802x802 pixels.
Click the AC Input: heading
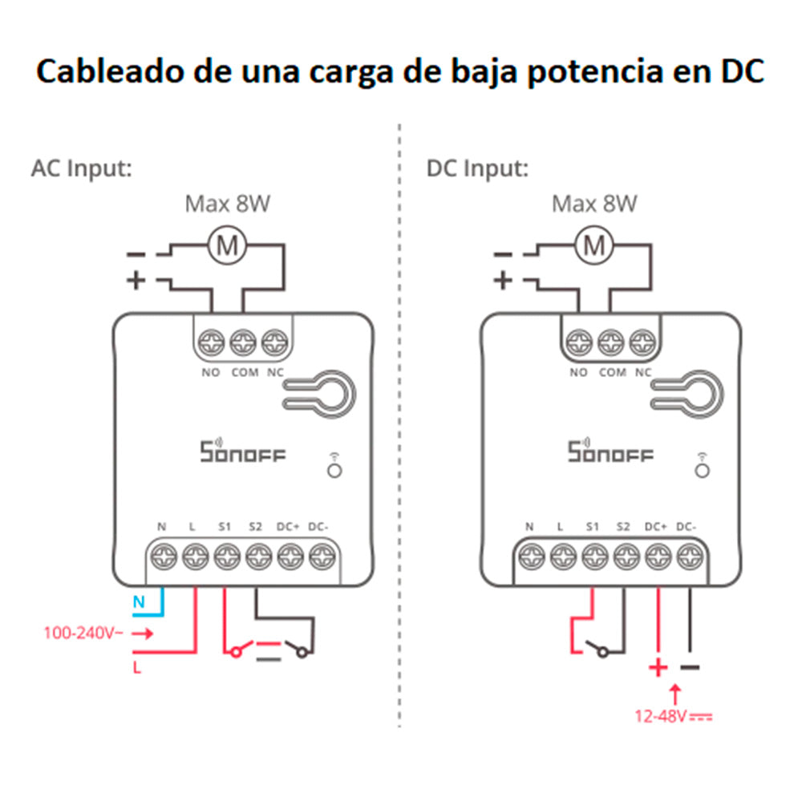[x=81, y=170]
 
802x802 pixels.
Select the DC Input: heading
[x=477, y=170]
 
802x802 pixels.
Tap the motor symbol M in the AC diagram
[x=228, y=246]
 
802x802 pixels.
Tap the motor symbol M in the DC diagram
[x=594, y=246]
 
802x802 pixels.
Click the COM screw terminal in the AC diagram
[x=242, y=343]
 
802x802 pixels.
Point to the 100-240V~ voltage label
[x=81, y=633]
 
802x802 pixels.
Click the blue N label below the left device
[x=137, y=601]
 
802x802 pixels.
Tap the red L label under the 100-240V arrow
[x=137, y=666]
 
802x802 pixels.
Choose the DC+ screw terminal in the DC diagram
[x=658, y=555]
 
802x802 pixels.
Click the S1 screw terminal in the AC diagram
[x=226, y=555]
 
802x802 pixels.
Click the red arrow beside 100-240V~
[x=142, y=633]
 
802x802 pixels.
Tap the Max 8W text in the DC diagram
[x=594, y=205]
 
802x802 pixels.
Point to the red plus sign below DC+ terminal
[x=658, y=667]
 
